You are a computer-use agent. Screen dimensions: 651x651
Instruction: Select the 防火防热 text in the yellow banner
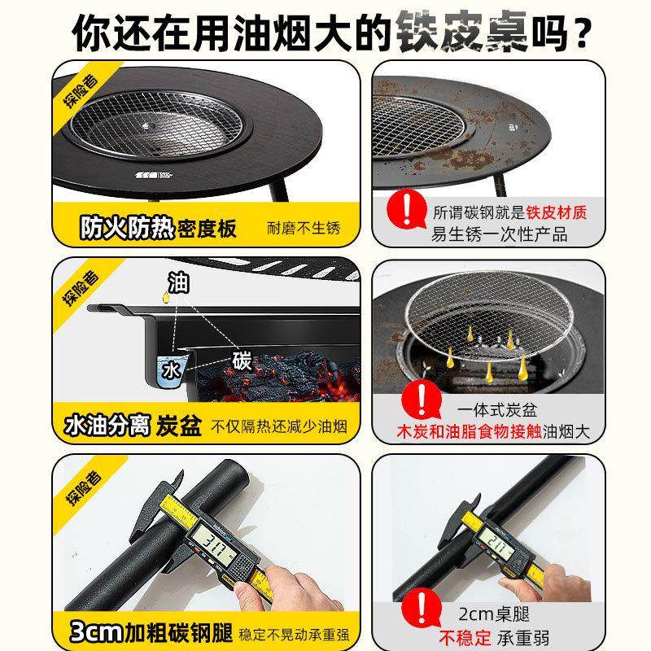(126, 228)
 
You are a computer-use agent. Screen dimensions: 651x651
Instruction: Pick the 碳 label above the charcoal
(242, 359)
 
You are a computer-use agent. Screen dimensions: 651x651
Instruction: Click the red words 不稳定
(465, 631)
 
